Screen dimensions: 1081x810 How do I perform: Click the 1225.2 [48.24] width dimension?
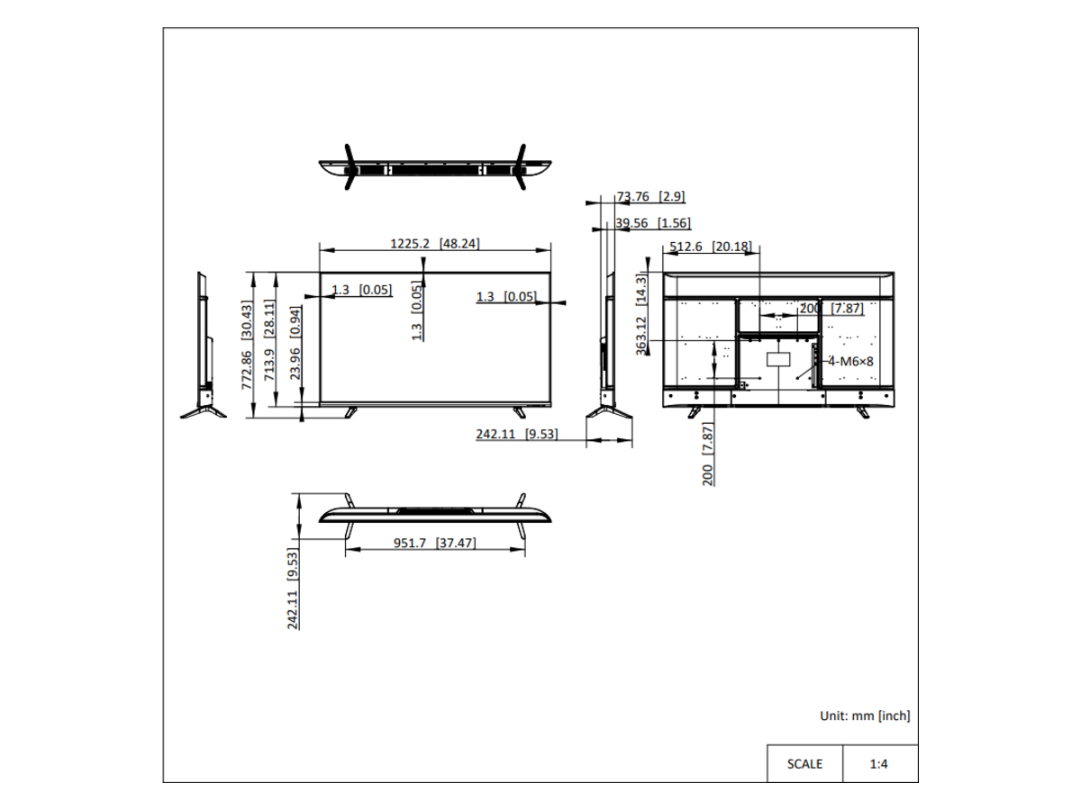click(434, 243)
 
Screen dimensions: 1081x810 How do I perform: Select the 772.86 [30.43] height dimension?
click(247, 346)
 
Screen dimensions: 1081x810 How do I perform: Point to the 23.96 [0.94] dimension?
click(295, 343)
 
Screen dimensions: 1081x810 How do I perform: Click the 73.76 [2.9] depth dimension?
click(650, 197)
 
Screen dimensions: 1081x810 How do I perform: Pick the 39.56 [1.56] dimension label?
click(653, 223)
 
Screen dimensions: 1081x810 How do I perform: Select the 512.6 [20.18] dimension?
click(711, 247)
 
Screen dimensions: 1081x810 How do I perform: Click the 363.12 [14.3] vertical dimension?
click(641, 315)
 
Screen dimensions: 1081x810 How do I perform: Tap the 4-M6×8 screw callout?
click(850, 362)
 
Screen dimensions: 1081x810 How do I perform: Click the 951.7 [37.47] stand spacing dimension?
click(435, 543)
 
